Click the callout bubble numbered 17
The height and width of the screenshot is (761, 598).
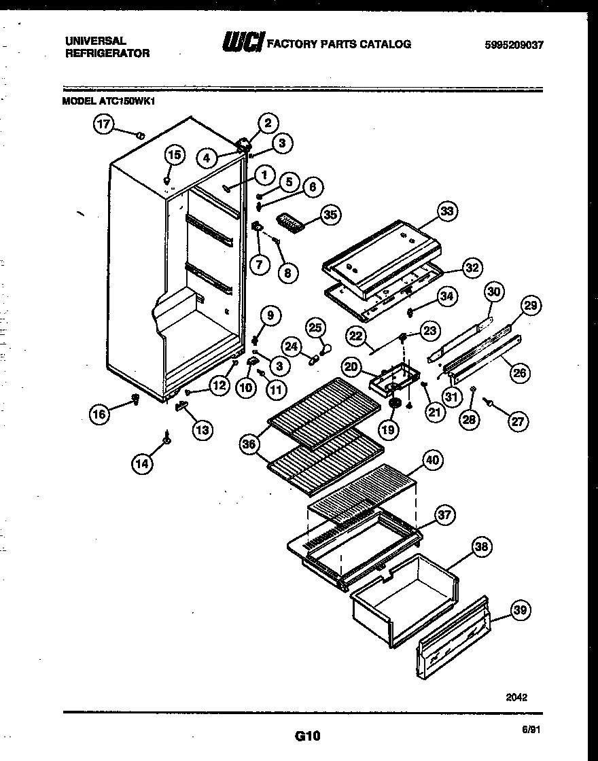[x=103, y=124]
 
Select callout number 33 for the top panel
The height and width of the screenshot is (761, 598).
[x=446, y=211]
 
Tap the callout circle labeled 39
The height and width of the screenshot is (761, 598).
[x=520, y=610]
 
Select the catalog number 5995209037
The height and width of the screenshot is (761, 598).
[x=514, y=46]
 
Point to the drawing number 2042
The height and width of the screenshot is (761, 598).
[x=516, y=696]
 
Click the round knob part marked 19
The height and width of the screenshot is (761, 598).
[x=393, y=404]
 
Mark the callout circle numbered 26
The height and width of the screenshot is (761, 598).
[x=519, y=372]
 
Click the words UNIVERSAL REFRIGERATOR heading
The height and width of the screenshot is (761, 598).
[x=107, y=47]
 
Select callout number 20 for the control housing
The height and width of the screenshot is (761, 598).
[x=351, y=367]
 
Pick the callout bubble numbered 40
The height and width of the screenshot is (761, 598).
[x=432, y=460]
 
